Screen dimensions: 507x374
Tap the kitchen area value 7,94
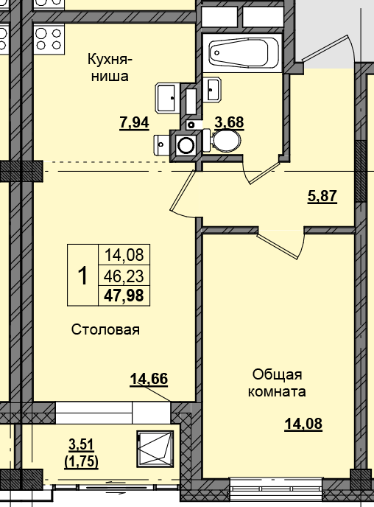coord(133,123)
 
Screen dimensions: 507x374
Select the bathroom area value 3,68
coord(228,122)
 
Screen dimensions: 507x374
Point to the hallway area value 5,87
coord(321,197)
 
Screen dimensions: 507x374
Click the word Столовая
coord(105,329)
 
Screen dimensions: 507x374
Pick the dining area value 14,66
coord(149,380)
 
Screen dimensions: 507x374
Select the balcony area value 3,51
coord(82,444)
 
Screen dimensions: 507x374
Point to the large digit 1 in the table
coord(82,276)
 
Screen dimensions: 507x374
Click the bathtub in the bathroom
coord(242,52)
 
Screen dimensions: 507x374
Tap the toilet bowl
coord(227,140)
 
